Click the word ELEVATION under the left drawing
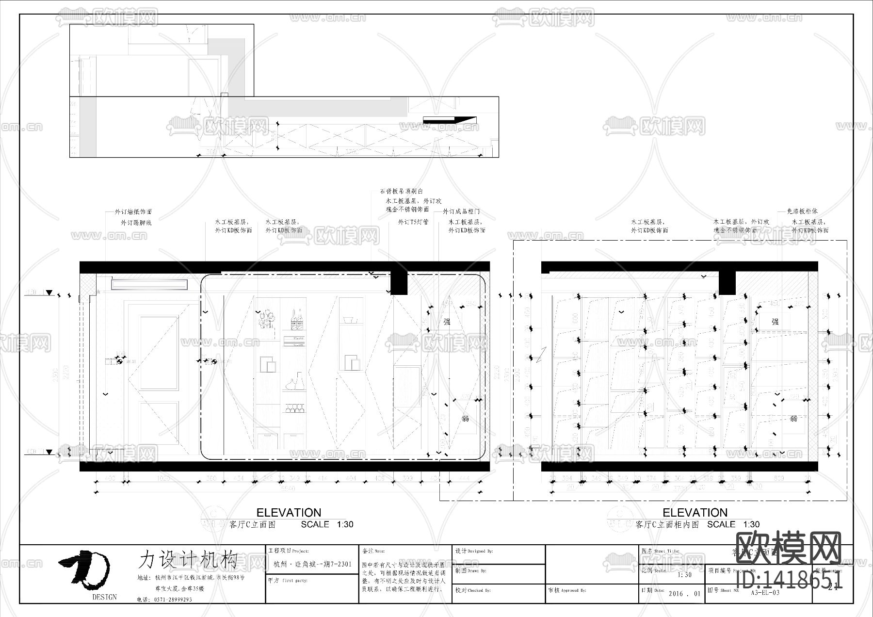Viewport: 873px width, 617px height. [x=289, y=513]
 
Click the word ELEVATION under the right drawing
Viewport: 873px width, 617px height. [x=695, y=513]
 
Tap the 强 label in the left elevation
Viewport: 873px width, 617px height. [x=447, y=322]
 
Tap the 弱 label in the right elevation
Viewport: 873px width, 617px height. [x=793, y=418]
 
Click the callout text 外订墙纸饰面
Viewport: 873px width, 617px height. [x=133, y=212]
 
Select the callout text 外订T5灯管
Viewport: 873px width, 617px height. [x=413, y=222]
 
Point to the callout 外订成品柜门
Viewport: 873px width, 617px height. [x=461, y=212]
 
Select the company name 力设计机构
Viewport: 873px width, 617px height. [x=188, y=559]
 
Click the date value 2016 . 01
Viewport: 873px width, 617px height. [x=684, y=593]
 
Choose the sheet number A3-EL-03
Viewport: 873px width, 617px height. [x=765, y=592]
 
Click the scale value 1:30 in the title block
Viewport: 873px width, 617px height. [x=684, y=575]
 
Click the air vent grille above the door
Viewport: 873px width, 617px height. [x=149, y=284]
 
